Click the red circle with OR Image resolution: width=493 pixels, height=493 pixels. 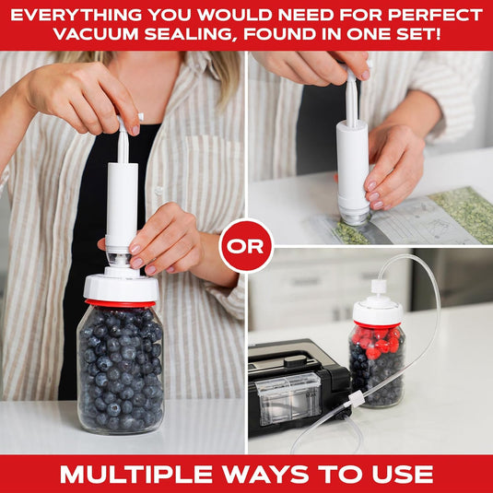point(246,246)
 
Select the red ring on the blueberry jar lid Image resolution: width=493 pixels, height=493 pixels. point(121,302)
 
